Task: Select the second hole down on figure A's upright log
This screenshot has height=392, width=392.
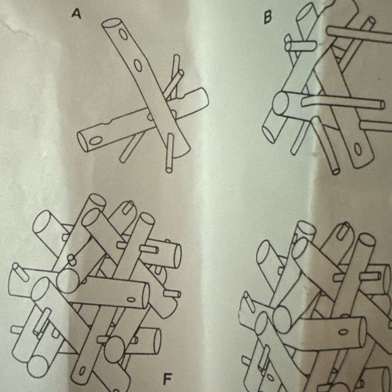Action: [x=138, y=66]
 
